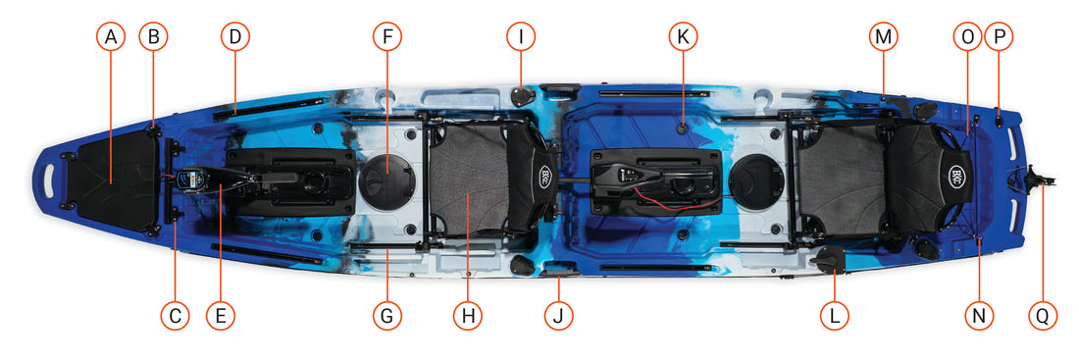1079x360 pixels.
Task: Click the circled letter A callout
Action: click(111, 38)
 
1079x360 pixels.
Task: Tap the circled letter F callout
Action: click(386, 38)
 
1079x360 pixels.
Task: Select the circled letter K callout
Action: click(683, 38)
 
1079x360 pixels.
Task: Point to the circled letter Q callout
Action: click(1043, 316)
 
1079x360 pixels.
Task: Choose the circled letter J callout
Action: click(558, 316)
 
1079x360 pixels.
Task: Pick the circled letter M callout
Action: click(883, 38)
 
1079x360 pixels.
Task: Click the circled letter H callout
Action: click(468, 316)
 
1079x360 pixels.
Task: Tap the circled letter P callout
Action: click(1000, 38)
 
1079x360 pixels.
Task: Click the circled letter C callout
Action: click(175, 316)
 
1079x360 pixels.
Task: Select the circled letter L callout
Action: click(835, 316)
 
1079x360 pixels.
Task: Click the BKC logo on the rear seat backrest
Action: click(956, 173)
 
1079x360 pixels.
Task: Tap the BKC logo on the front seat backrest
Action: click(545, 172)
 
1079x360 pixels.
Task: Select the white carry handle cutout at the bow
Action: click(50, 180)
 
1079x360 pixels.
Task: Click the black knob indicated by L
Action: click(829, 259)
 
